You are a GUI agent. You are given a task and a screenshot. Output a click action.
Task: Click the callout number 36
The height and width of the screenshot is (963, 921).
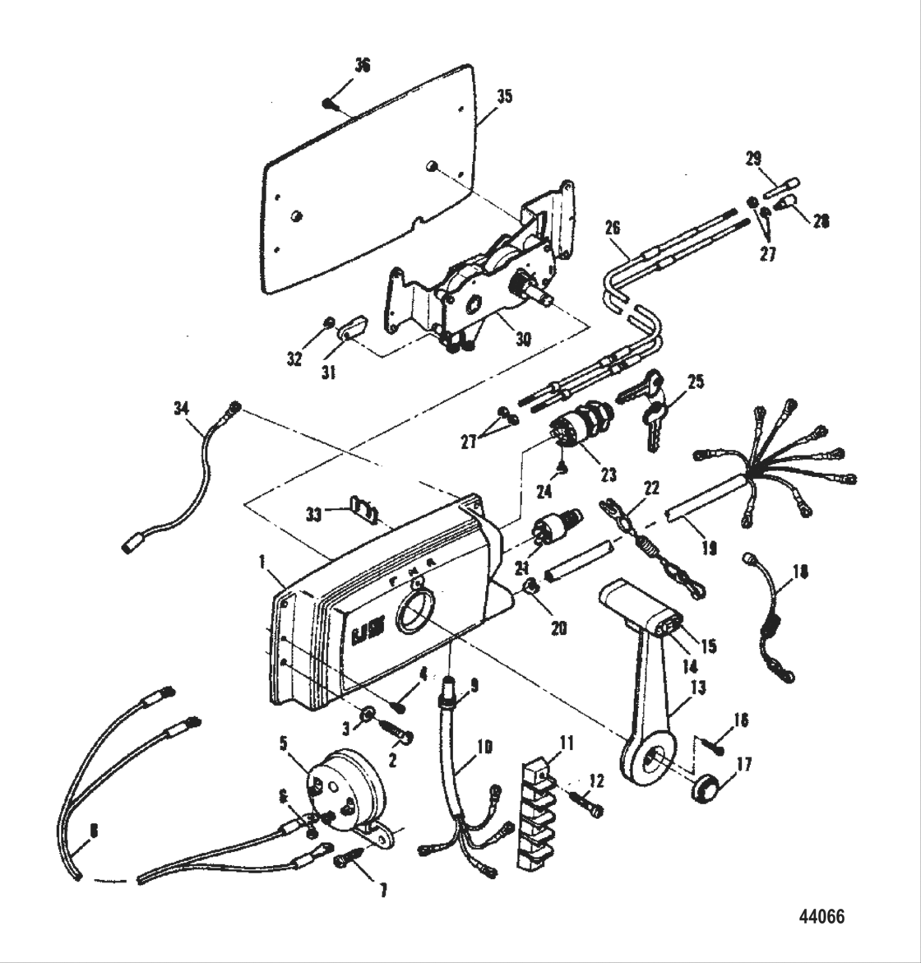coord(362,66)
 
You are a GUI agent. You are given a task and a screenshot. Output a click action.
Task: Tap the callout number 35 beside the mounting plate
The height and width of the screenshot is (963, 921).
coord(503,96)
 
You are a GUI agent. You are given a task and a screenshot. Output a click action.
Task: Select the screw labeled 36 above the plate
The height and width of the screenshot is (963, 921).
coord(330,103)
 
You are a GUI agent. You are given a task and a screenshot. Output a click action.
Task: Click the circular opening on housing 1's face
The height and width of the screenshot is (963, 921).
coord(417,613)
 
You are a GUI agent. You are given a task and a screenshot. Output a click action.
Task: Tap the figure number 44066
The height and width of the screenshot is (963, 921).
coord(821,916)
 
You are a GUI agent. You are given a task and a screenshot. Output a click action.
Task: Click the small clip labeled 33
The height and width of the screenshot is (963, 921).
coord(364,511)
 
